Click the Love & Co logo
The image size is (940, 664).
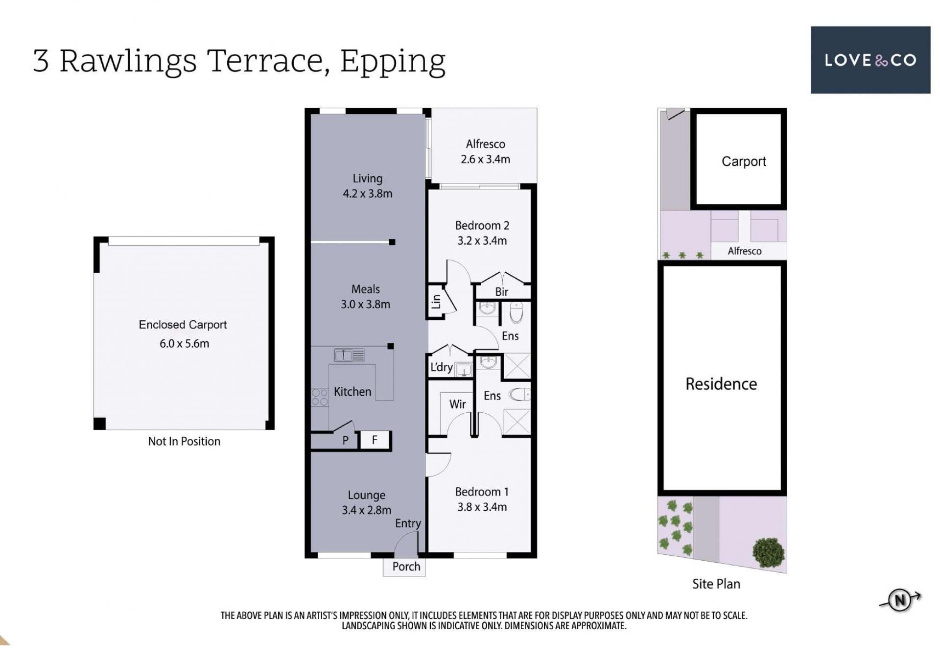870,60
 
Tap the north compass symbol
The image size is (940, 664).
900,600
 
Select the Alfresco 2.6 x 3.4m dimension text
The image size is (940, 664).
485,159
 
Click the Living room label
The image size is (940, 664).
367,179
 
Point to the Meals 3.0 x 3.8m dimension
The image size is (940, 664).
365,304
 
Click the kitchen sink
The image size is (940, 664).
349,355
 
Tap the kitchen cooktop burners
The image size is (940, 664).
320,397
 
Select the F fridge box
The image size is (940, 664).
375,440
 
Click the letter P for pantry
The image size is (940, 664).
345,440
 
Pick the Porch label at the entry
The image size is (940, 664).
406,567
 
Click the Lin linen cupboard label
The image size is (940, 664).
436,302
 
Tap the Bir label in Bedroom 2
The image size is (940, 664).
501,292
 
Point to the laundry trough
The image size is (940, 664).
463,370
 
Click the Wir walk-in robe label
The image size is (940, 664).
457,404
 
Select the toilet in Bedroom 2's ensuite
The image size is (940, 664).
517,313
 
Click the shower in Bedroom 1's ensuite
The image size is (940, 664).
517,422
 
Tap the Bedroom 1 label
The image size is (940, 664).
482,492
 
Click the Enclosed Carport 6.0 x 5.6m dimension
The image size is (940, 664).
184,344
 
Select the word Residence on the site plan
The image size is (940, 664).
721,384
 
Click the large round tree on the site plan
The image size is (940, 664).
768,552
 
